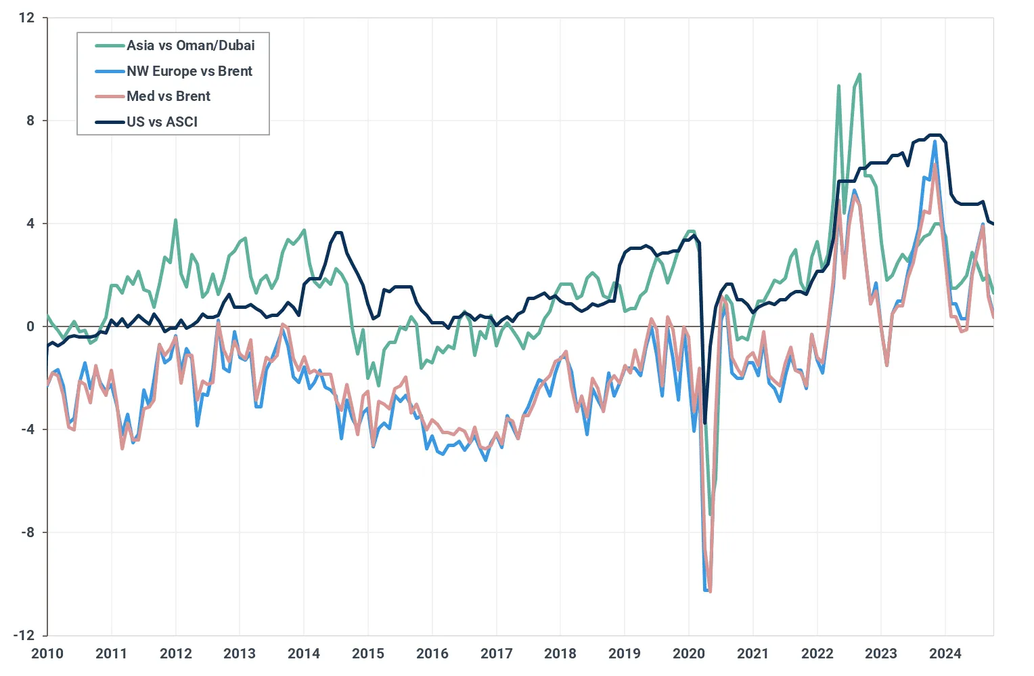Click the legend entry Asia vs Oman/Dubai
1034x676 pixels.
point(190,45)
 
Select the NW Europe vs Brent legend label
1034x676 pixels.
point(189,71)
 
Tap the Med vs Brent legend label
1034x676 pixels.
point(168,96)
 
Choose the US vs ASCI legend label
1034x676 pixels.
point(162,122)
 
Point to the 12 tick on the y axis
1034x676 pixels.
point(26,18)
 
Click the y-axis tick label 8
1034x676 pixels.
point(30,121)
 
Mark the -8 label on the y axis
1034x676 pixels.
point(27,532)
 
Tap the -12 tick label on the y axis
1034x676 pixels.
point(24,635)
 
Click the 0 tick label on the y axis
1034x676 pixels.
point(30,326)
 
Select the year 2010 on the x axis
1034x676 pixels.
point(47,654)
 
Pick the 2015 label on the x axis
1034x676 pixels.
point(368,654)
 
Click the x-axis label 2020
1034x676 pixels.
point(689,654)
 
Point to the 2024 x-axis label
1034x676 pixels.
point(945,654)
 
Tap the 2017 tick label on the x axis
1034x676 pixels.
point(496,654)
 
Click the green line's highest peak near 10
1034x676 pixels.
point(859,75)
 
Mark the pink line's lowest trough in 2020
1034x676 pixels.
point(710,591)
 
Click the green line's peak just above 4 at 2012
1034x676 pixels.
point(175,220)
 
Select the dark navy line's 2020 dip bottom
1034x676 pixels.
point(704,423)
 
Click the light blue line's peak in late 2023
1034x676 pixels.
point(935,142)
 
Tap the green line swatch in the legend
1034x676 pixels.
point(110,45)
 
